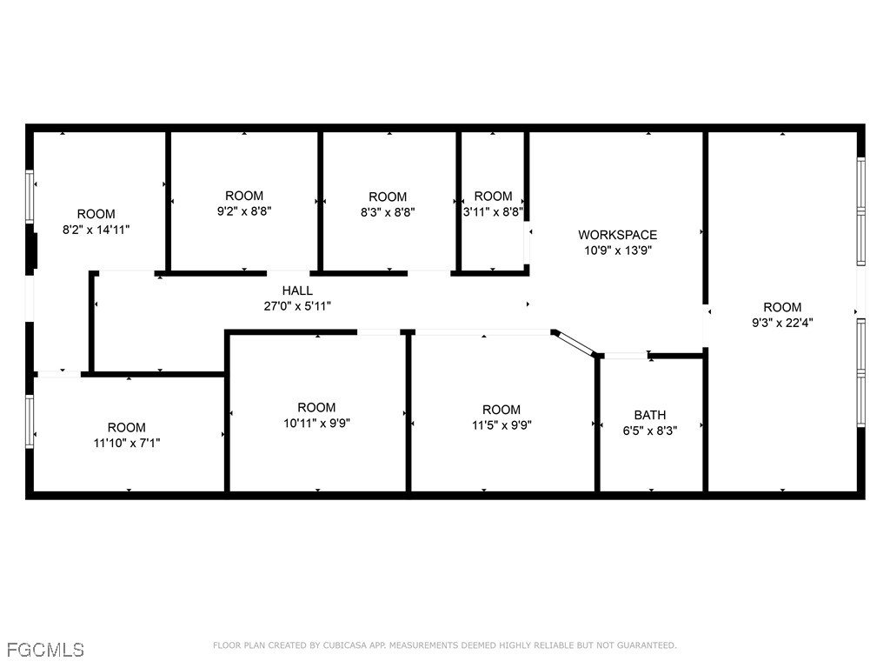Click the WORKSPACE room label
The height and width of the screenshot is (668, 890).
pyautogui.click(x=617, y=235)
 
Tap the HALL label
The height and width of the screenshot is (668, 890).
pyautogui.click(x=297, y=291)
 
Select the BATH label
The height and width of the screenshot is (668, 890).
pyautogui.click(x=650, y=415)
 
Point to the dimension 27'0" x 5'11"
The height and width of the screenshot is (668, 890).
pyautogui.click(x=297, y=305)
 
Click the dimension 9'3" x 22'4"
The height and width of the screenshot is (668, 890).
pyautogui.click(x=782, y=322)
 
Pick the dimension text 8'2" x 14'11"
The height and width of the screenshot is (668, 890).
pyautogui.click(x=96, y=229)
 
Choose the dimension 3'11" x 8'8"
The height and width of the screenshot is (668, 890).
pyautogui.click(x=493, y=210)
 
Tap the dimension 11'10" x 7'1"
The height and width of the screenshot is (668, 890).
pyautogui.click(x=126, y=442)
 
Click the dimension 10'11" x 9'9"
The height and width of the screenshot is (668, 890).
pyautogui.click(x=316, y=423)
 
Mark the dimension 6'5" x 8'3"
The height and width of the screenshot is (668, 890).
pyautogui.click(x=650, y=430)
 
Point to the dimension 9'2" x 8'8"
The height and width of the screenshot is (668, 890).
pyautogui.click(x=243, y=210)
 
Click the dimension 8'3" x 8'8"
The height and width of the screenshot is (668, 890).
pyautogui.click(x=388, y=211)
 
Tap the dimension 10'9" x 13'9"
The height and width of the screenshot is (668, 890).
pyautogui.click(x=617, y=250)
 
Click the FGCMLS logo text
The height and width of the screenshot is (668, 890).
pyautogui.click(x=45, y=650)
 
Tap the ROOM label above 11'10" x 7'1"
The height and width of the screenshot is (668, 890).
pyautogui.click(x=126, y=427)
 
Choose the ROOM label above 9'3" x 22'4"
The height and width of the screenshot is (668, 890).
pyautogui.click(x=782, y=307)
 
